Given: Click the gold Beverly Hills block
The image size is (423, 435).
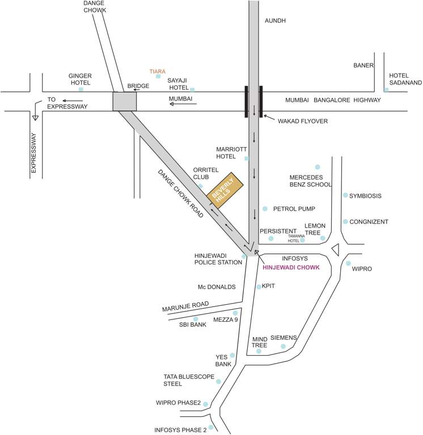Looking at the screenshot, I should point(225,190).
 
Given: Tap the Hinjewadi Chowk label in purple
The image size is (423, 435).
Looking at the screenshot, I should point(290,267).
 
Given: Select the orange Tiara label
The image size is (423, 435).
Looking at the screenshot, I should point(157,71).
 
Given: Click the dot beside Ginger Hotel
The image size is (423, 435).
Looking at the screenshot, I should point(81,89).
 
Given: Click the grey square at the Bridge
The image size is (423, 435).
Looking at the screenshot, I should point(125,101).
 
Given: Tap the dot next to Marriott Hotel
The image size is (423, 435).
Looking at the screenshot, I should point(246,158).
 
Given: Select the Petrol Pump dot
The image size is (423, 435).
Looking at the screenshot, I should point(265,209).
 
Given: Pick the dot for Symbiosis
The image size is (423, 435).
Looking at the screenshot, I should point(345,195).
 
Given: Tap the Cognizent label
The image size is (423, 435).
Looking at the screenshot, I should point(369,221).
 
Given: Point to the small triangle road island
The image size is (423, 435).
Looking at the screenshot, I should point(335,249).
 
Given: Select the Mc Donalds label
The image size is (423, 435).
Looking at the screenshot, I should point(216,287).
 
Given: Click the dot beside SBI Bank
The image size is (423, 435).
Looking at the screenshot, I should point(196,319).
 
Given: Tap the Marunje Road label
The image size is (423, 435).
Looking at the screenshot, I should point(185,307).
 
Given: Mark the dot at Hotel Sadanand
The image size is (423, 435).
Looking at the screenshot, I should point(386,89).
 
